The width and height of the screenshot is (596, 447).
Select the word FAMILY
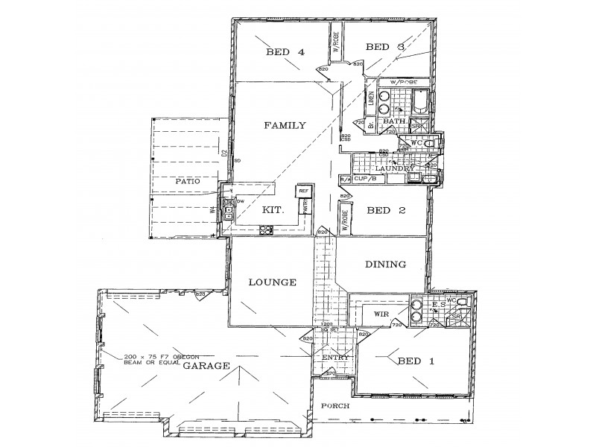click(285, 126)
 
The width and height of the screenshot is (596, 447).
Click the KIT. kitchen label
click(273, 211)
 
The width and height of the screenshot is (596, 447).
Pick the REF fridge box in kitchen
click(303, 191)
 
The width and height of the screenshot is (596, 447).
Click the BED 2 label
click(386, 211)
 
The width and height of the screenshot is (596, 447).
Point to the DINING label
click(385, 264)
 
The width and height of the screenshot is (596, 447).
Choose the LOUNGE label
click(273, 282)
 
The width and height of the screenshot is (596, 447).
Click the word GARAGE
click(205, 366)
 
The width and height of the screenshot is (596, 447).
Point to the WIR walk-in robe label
click(381, 315)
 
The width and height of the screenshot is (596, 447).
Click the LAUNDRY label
click(394, 169)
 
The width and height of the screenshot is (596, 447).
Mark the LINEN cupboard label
click(370, 99)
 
